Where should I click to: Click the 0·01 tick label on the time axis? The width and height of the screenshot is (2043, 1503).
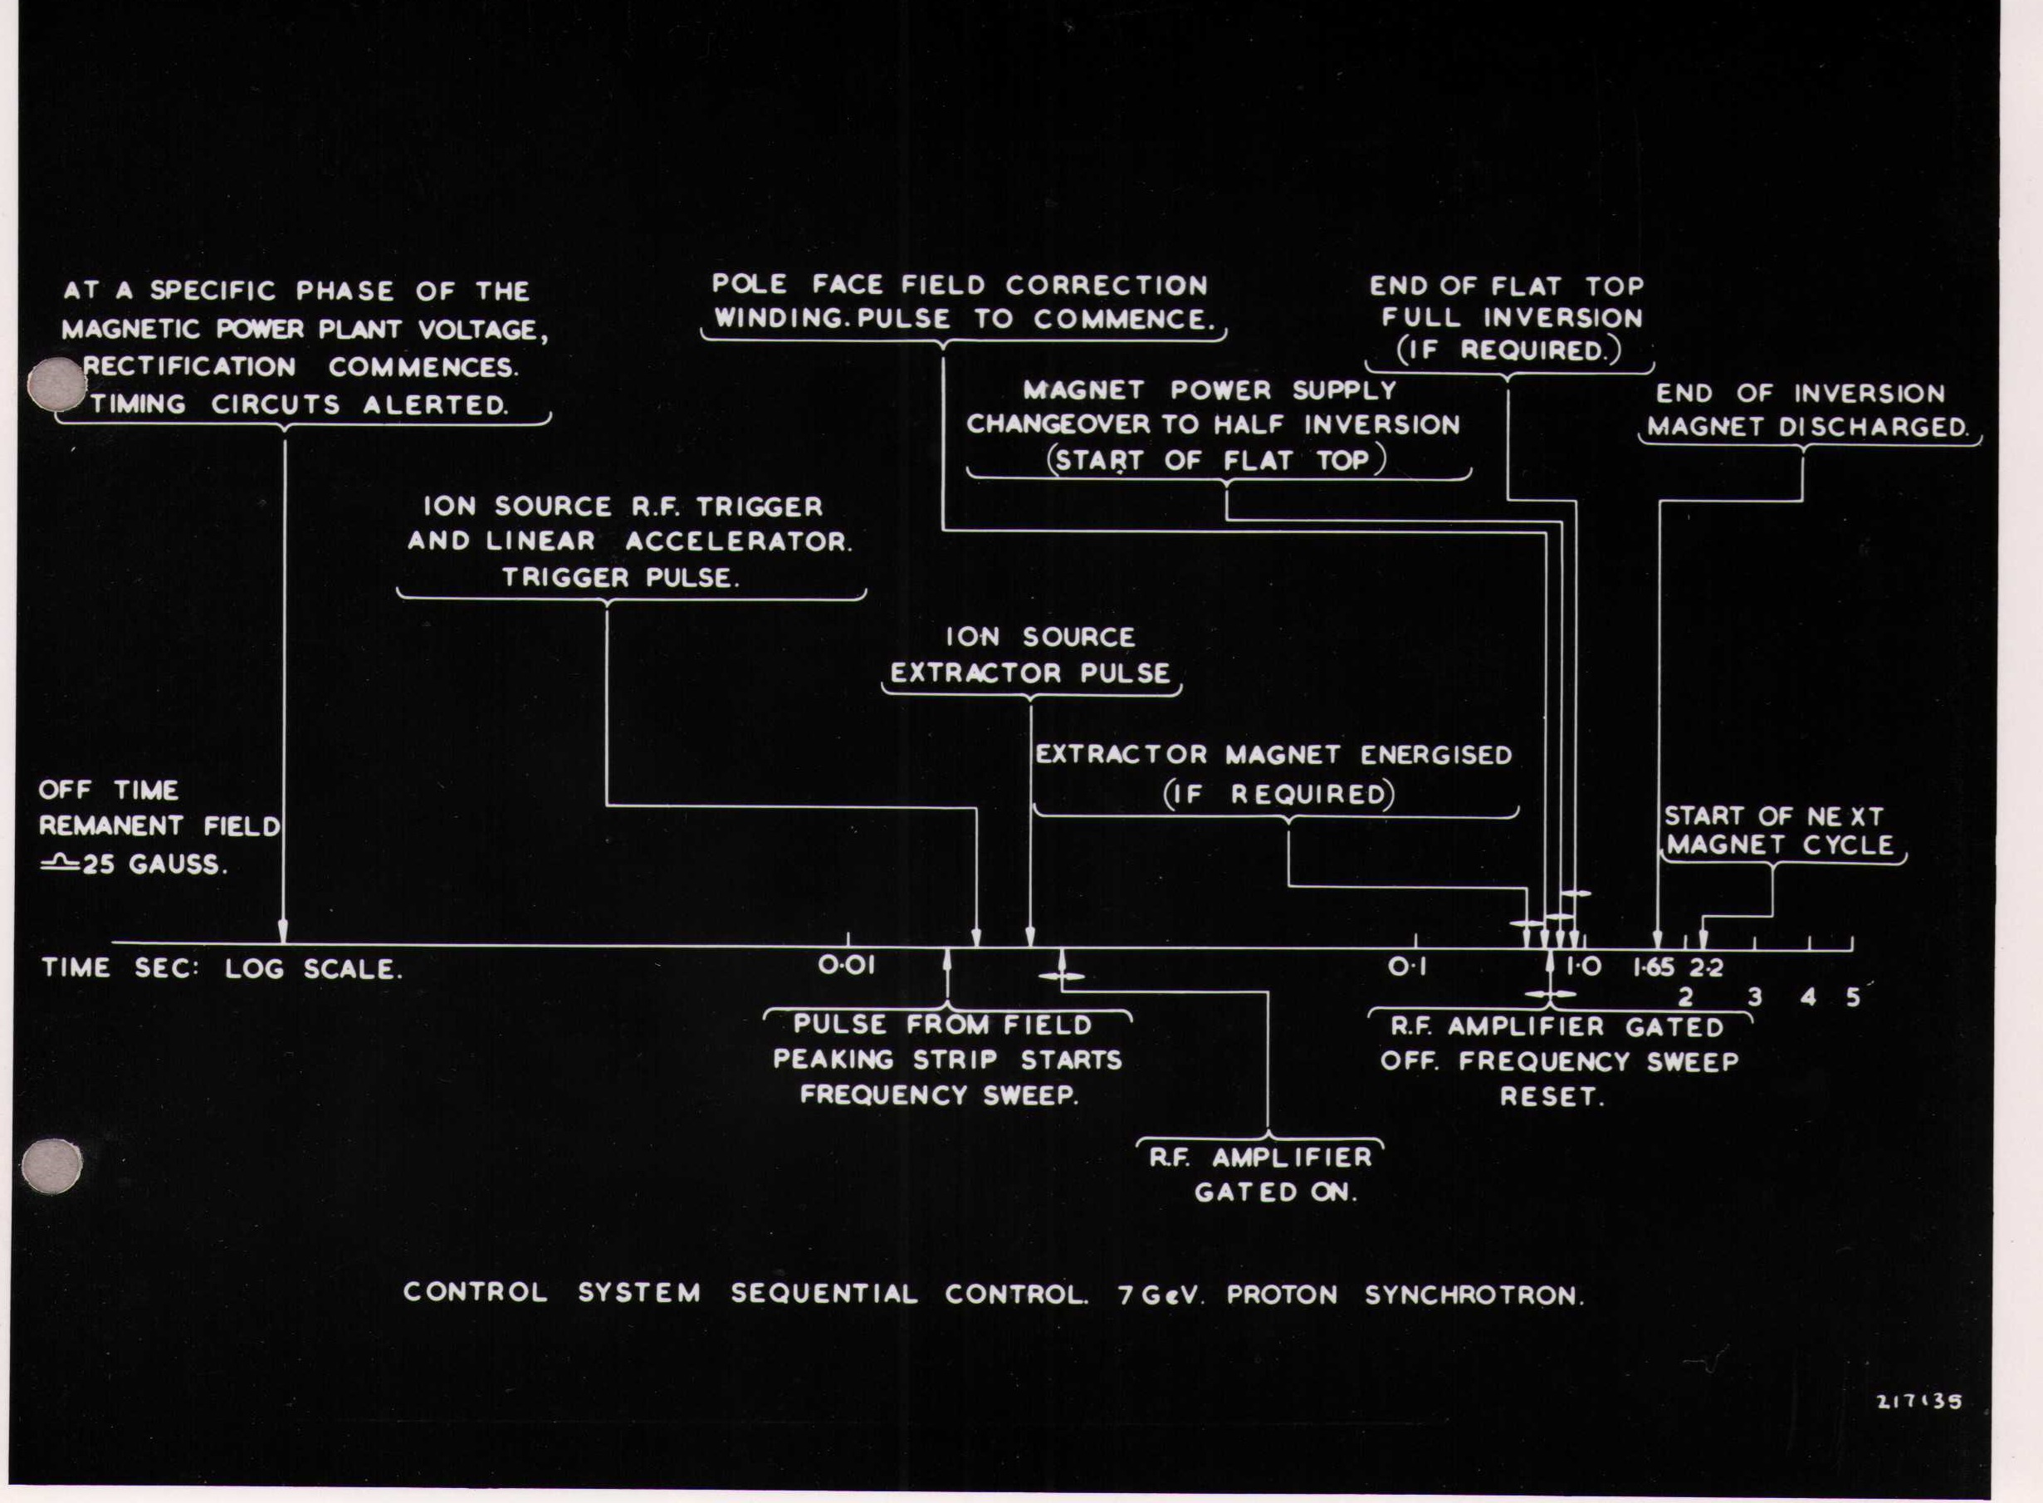pyautogui.click(x=847, y=965)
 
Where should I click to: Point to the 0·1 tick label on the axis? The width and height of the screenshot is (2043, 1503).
pyautogui.click(x=1407, y=967)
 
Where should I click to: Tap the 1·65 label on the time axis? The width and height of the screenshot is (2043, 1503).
pyautogui.click(x=1653, y=967)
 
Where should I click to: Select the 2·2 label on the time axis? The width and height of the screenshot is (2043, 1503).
pyautogui.click(x=1708, y=967)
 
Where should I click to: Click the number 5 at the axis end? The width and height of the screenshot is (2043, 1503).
pyautogui.click(x=1853, y=997)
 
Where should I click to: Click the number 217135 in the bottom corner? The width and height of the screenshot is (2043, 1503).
pyautogui.click(x=1919, y=1401)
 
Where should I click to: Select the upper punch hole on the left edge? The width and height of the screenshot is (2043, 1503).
pyautogui.click(x=56, y=383)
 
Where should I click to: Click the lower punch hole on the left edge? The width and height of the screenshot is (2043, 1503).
pyautogui.click(x=51, y=1166)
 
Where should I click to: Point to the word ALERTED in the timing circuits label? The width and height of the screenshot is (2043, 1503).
pyautogui.click(x=435, y=405)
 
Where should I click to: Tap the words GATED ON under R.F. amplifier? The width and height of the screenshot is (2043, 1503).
pyautogui.click(x=1275, y=1192)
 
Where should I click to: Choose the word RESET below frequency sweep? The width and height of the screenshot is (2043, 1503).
pyautogui.click(x=1551, y=1096)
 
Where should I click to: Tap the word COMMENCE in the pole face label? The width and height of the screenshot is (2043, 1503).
pyautogui.click(x=1124, y=320)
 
